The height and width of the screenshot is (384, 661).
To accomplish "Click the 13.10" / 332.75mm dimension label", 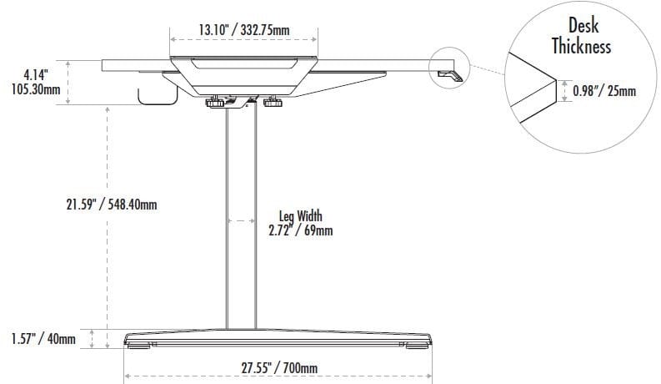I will coord(244,30).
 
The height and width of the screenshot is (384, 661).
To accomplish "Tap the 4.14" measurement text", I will coord(36,73).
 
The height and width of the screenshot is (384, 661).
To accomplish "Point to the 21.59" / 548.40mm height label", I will coord(112,204).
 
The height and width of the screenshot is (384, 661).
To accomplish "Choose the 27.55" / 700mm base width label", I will coord(279,367).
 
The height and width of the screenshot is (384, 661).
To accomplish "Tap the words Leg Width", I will coord(301,215).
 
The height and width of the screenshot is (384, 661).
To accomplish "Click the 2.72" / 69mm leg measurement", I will coord(301,230).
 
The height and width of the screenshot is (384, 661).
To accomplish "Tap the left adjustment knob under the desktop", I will coord(218,104).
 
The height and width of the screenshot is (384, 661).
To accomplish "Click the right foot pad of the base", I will coord(415,344).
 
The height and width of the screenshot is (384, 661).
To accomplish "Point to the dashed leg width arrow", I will coord(242,221).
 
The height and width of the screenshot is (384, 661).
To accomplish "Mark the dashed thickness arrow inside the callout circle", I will coord(564,90).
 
